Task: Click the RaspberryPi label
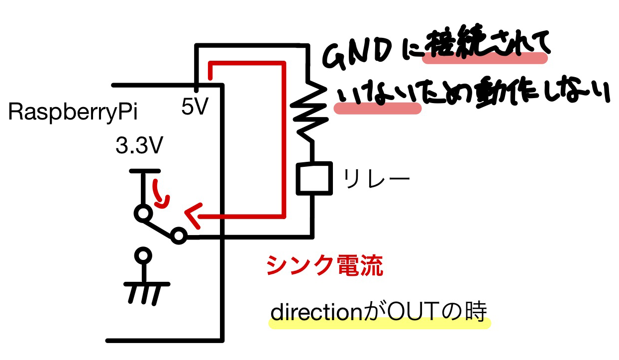click(73, 113)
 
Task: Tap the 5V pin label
click(195, 107)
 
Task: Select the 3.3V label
click(139, 146)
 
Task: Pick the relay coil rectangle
click(313, 178)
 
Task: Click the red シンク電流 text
click(324, 266)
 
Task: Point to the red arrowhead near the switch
click(192, 215)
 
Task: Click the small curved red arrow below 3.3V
click(160, 195)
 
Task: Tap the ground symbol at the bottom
click(145, 291)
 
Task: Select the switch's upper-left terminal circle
click(142, 214)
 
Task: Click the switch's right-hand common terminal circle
click(179, 237)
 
